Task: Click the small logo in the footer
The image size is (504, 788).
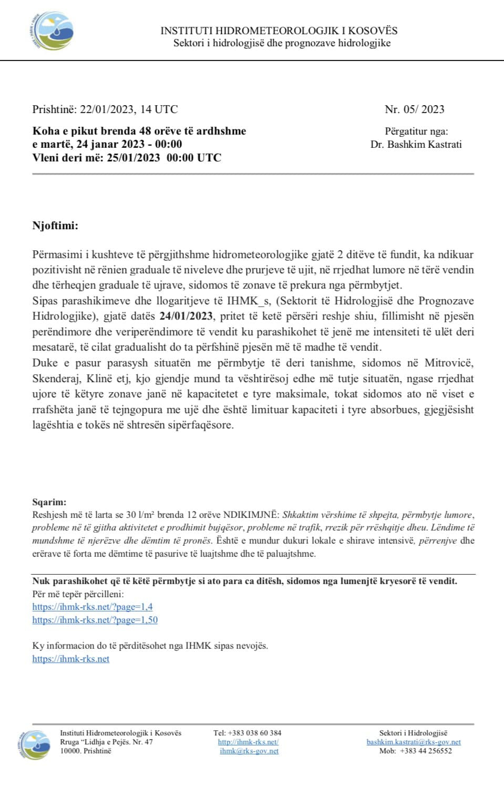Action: pyautogui.click(x=35, y=743)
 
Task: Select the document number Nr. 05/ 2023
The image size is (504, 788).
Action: pyautogui.click(x=414, y=109)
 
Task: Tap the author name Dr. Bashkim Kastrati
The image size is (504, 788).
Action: pyautogui.click(x=416, y=145)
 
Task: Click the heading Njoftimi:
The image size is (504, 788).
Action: pyautogui.click(x=55, y=226)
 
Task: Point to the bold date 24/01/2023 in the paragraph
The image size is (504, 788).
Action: pyautogui.click(x=186, y=316)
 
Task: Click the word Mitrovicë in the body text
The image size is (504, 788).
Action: pyautogui.click(x=449, y=363)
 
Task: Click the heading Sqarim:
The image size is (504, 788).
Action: pyautogui.click(x=49, y=503)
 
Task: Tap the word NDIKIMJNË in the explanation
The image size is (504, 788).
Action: pyautogui.click(x=251, y=515)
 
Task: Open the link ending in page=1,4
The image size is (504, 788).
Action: pyautogui.click(x=92, y=607)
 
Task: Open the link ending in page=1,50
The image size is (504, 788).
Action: pyautogui.click(x=95, y=620)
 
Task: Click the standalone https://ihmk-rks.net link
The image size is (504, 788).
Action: pyautogui.click(x=71, y=659)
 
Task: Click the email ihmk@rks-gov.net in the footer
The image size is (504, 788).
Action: pyautogui.click(x=249, y=751)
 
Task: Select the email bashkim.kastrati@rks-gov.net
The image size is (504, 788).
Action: pyautogui.click(x=414, y=742)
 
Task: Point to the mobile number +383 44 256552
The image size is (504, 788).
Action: pyautogui.click(x=426, y=751)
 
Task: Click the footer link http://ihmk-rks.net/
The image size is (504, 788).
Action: pyautogui.click(x=248, y=742)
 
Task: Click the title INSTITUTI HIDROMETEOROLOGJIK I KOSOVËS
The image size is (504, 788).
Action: pyautogui.click(x=279, y=31)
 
